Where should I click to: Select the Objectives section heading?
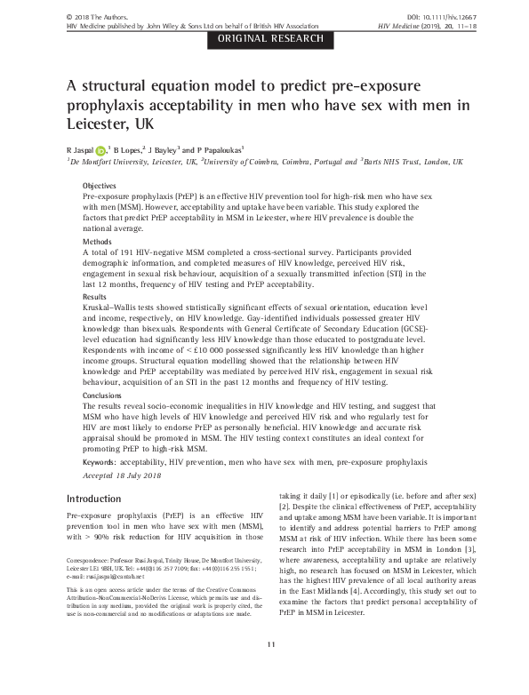pos(100,184)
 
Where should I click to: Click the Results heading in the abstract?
pos(94,296)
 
